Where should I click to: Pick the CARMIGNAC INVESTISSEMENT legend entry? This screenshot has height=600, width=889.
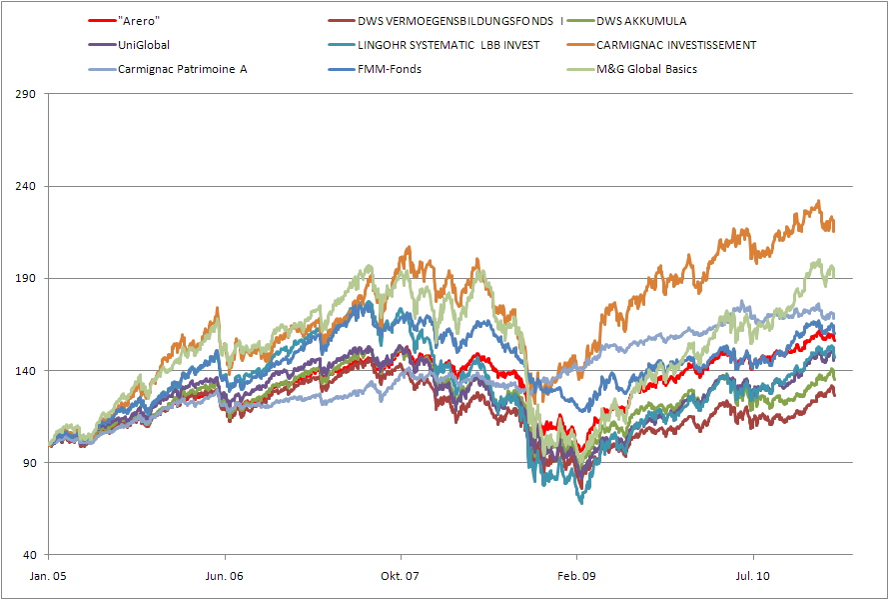[676, 45]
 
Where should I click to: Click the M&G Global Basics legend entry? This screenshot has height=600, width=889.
[646, 69]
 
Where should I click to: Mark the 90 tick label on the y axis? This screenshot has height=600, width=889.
[29, 463]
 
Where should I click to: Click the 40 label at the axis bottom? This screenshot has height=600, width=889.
[29, 555]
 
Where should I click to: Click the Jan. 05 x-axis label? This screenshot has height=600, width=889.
[49, 576]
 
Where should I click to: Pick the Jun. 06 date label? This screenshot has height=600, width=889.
[225, 576]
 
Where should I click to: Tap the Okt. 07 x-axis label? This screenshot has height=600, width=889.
[401, 576]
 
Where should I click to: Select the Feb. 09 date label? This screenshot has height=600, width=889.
[576, 576]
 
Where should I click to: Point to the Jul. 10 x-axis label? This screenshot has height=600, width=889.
[752, 576]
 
